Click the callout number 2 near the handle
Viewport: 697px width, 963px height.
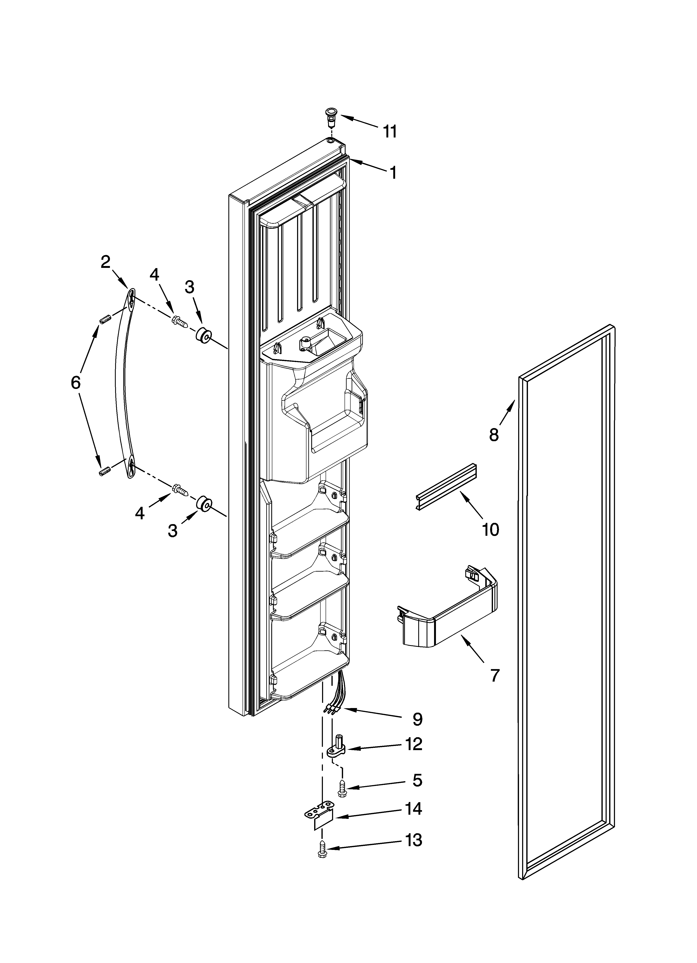(106, 262)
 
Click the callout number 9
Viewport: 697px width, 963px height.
(417, 719)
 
